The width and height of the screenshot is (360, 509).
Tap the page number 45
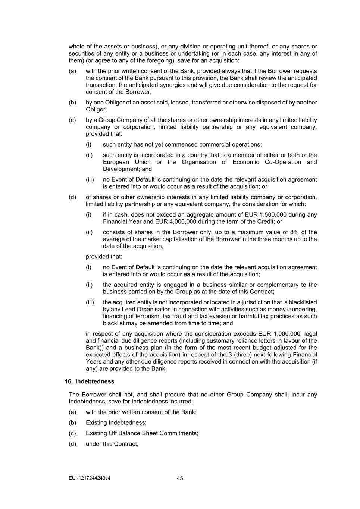click(180, 478)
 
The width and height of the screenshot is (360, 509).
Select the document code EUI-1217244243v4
click(90, 478)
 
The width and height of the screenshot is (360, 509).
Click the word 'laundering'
click(303, 309)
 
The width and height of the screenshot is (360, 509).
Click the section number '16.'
click(69, 381)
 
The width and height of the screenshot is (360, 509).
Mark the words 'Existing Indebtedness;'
click(116, 422)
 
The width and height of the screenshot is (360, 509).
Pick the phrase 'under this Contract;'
click(112, 444)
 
